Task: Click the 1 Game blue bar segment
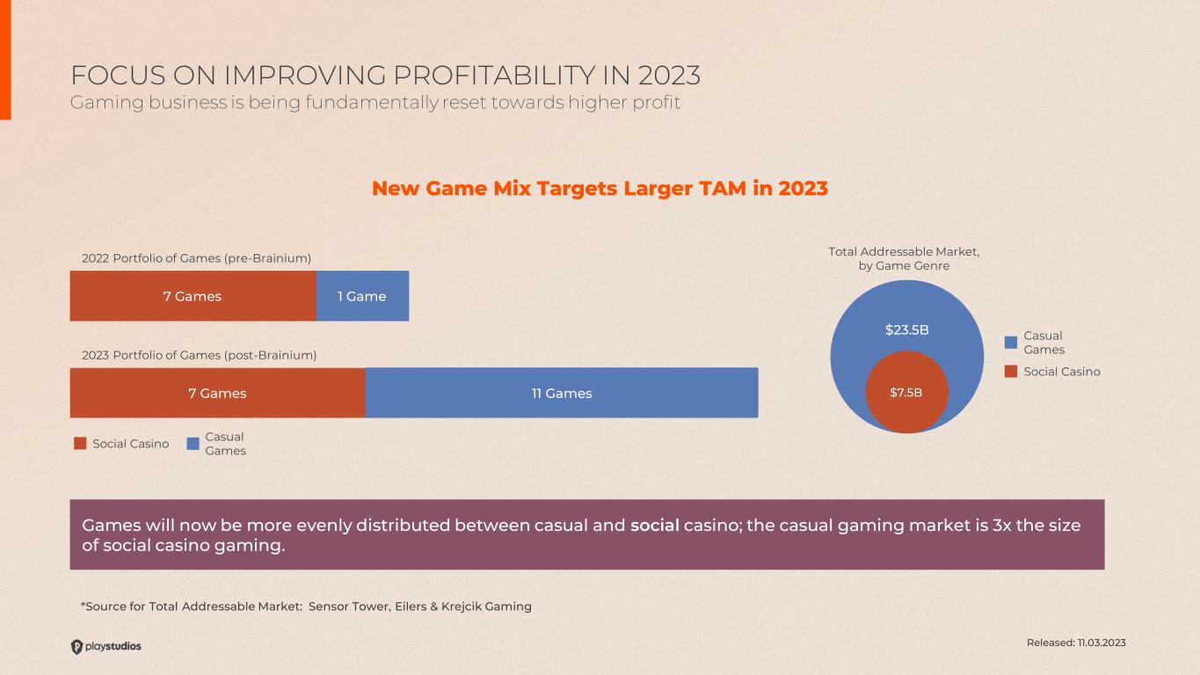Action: [362, 296]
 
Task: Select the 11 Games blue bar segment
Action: [562, 393]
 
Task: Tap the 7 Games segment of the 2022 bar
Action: [193, 296]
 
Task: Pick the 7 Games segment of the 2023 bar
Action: [217, 393]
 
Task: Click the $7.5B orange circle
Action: [907, 392]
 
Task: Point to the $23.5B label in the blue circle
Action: [906, 330]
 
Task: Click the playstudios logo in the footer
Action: [105, 646]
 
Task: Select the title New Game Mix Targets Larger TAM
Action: [600, 188]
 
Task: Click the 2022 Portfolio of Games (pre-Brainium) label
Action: [196, 258]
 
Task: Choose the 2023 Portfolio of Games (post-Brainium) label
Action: [199, 355]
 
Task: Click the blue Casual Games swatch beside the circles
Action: [1011, 342]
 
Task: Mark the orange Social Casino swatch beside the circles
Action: [1011, 371]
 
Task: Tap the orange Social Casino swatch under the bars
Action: [80, 444]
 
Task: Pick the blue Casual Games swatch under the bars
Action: [193, 444]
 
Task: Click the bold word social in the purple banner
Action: [655, 526]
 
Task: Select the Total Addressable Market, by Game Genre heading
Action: [904, 258]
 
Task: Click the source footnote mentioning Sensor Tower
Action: [306, 606]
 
